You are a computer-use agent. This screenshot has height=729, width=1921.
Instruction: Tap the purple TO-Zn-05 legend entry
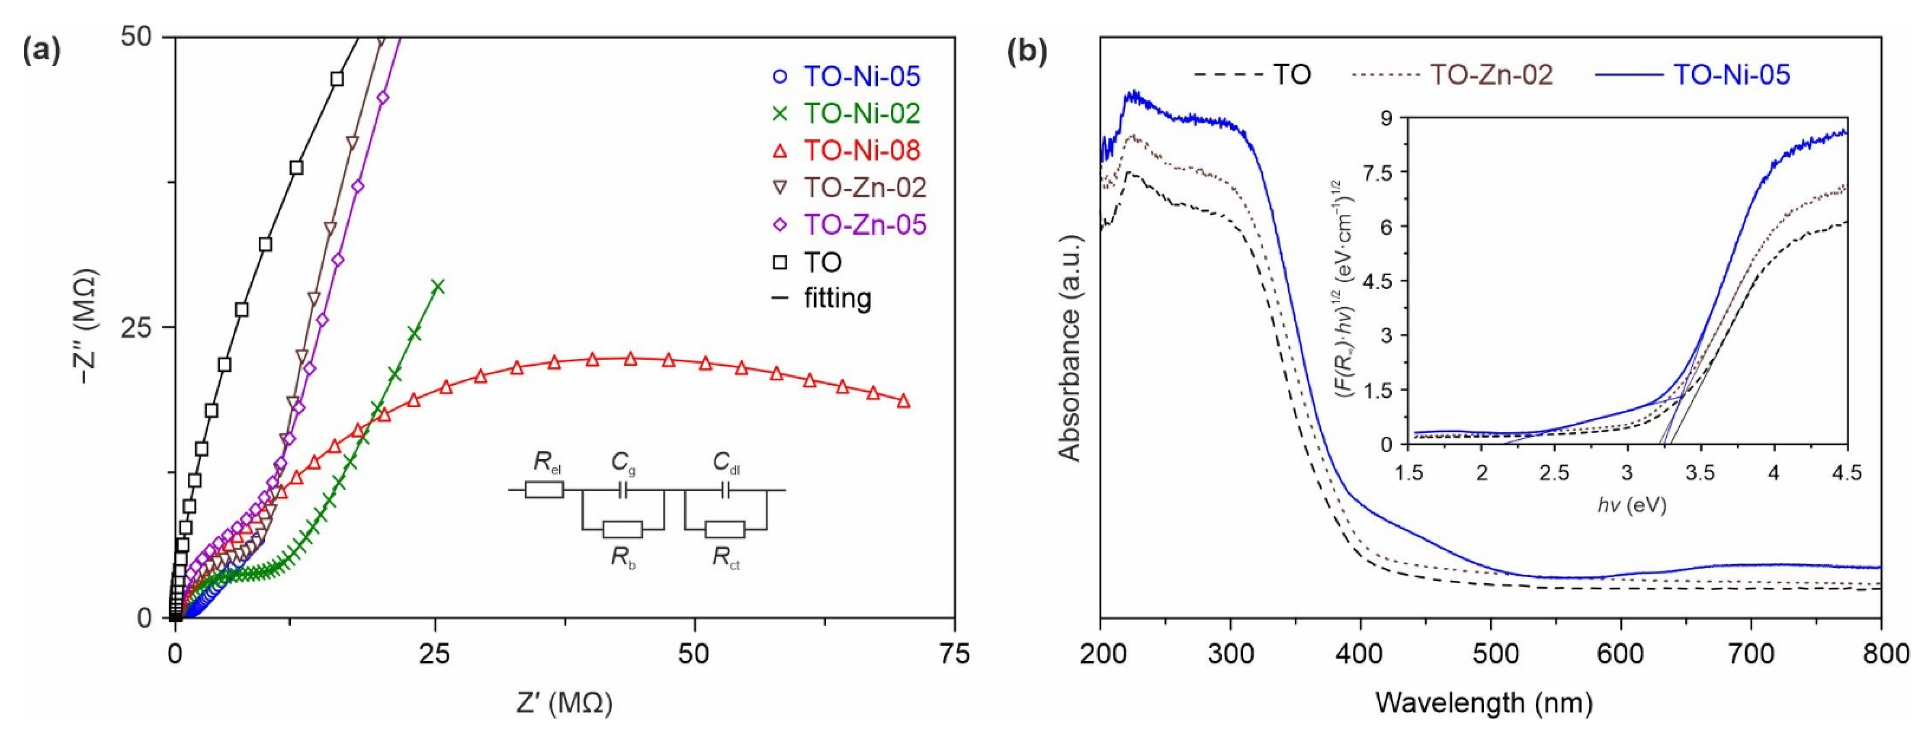point(865,225)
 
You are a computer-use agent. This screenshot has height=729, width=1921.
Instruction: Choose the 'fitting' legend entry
point(837,299)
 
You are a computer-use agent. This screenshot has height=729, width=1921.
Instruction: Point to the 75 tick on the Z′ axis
point(954,655)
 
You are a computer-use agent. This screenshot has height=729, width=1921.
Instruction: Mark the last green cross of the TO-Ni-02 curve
point(438,286)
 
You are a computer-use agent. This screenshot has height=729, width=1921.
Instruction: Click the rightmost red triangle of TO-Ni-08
point(904,400)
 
